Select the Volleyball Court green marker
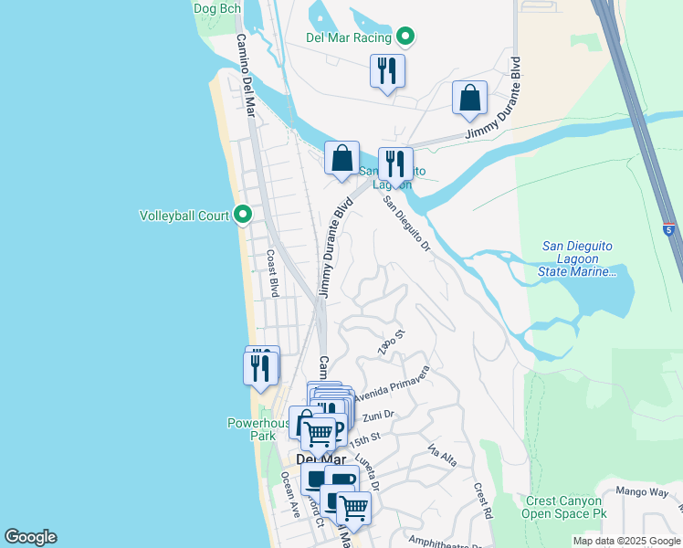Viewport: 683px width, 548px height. pos(243,216)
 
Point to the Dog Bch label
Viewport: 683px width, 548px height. pos(217,8)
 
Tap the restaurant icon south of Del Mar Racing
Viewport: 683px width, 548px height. pos(387,70)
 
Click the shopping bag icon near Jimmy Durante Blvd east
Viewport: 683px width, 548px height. pos(469,99)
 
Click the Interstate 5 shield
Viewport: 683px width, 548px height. pos(669,229)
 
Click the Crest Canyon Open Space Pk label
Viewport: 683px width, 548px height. pos(563,507)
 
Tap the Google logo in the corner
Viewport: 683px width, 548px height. pos(30,537)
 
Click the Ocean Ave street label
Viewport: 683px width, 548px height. pos(290,494)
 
